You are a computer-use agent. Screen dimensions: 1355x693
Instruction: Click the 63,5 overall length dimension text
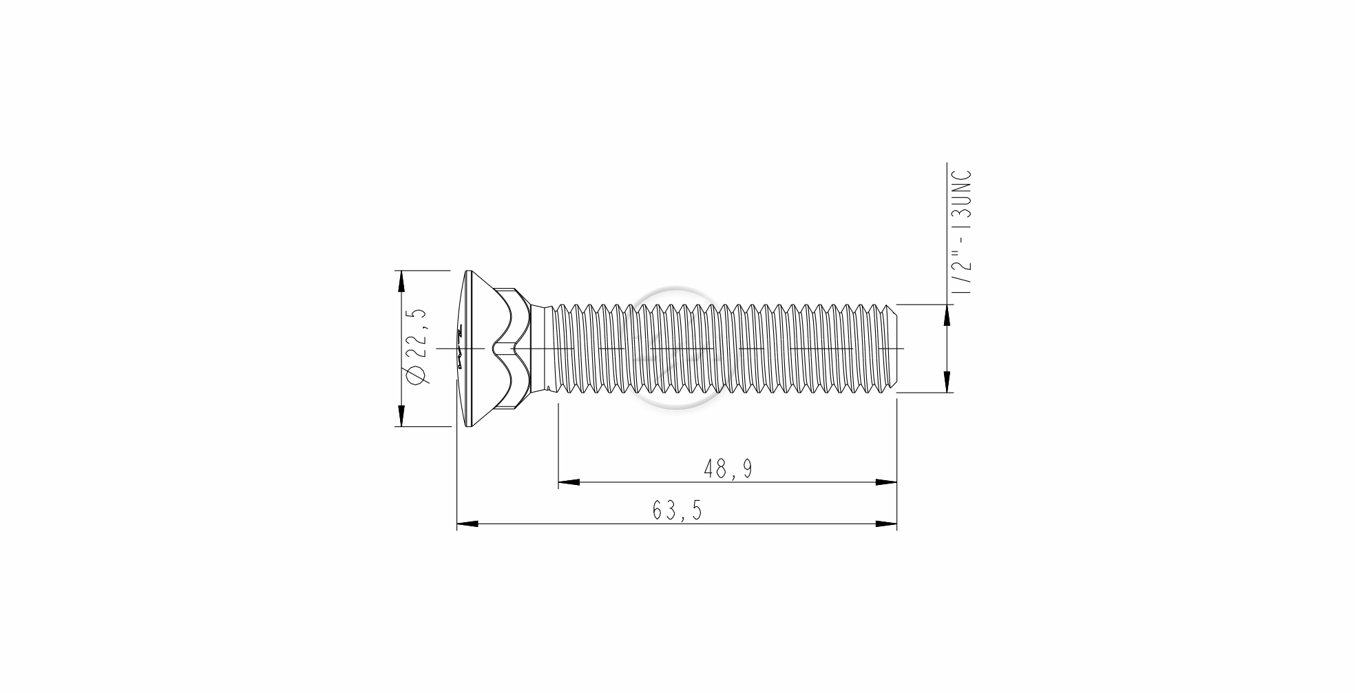(x=677, y=510)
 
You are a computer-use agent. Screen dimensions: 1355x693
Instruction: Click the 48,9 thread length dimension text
(x=728, y=469)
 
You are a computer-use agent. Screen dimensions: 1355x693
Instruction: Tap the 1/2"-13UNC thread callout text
(x=962, y=232)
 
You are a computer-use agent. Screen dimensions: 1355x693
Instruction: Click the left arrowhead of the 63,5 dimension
(x=468, y=524)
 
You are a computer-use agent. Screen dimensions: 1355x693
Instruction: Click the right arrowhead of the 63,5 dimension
(x=886, y=524)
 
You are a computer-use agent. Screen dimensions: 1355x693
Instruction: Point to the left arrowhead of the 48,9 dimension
(x=569, y=482)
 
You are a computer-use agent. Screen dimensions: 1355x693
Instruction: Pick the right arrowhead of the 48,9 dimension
(x=886, y=482)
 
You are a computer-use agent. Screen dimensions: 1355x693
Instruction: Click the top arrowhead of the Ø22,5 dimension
(x=399, y=281)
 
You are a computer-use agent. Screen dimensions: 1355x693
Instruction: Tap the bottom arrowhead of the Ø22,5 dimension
(x=399, y=415)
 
